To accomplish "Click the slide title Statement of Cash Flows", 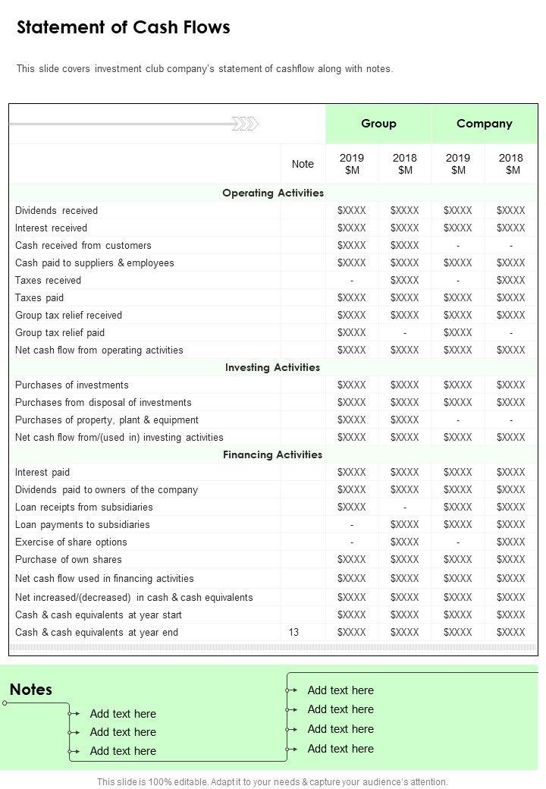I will tap(124, 28).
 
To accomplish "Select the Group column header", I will tap(378, 124).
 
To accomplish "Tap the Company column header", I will tap(485, 124).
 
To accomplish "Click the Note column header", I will tap(303, 164).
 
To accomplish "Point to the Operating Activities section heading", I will tap(273, 193).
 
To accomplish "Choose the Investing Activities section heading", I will tap(273, 367).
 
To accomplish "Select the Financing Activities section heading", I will tap(273, 454).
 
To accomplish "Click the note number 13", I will tap(293, 632).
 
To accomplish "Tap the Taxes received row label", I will tap(48, 280).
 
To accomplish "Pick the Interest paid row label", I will tap(42, 472).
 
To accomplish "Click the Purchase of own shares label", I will tap(68, 559).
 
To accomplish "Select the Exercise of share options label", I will tap(71, 542).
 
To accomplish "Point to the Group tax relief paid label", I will tap(60, 332).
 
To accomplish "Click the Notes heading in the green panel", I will tap(31, 690).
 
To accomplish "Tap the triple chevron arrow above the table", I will tap(245, 124).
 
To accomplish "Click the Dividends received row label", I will tap(56, 210).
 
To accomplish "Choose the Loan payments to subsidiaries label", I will tap(83, 524).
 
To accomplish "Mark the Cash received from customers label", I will tap(83, 245).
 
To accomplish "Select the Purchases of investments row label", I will tap(72, 385).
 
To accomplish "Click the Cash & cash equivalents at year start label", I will tap(99, 615).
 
